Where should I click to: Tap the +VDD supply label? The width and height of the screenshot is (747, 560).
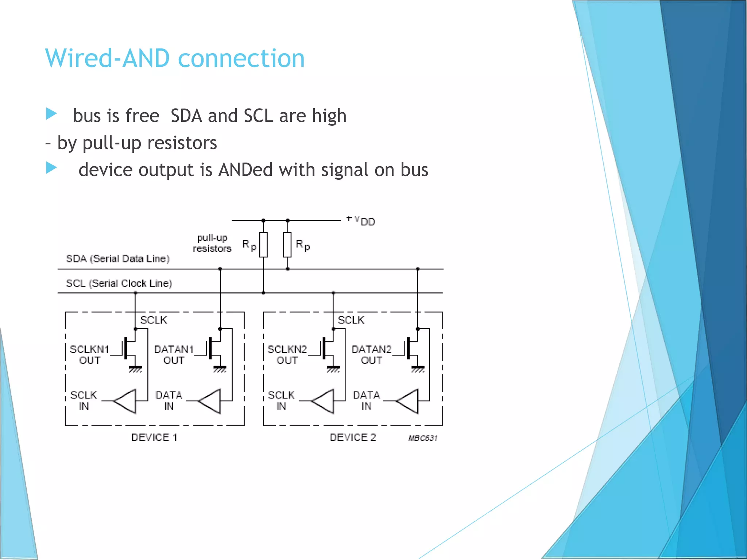[x=361, y=221]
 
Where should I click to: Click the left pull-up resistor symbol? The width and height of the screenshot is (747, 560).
[x=263, y=245]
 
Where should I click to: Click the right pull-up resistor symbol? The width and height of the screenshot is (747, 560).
[x=287, y=245]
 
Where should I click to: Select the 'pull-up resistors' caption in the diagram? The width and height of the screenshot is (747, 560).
[x=212, y=243]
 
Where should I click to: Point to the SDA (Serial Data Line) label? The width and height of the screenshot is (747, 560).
[x=117, y=258]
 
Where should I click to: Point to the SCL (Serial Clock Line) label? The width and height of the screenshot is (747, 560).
[x=119, y=283]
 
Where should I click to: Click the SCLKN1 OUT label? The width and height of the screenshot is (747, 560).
[x=89, y=354]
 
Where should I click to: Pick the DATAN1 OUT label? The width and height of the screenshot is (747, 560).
[x=174, y=354]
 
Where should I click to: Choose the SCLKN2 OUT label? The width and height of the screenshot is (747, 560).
[x=287, y=354]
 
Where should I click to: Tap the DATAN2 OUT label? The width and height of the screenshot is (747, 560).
[x=371, y=354]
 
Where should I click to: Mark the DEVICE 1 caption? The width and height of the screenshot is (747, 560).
[x=154, y=437]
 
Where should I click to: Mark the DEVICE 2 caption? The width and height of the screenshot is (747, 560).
[x=352, y=437]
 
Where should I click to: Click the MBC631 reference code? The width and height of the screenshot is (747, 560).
[x=423, y=438]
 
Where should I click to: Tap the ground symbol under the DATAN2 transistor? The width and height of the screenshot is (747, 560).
[x=418, y=369]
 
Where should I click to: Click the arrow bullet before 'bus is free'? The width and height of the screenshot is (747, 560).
[x=51, y=114]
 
